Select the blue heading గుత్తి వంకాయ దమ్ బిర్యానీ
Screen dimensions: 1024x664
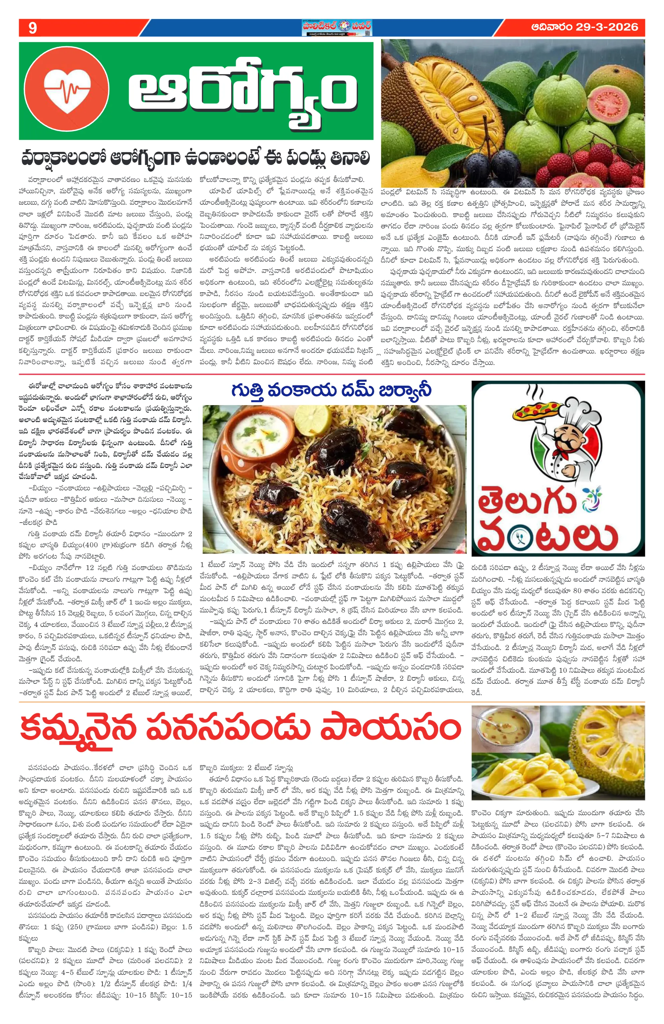331,391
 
